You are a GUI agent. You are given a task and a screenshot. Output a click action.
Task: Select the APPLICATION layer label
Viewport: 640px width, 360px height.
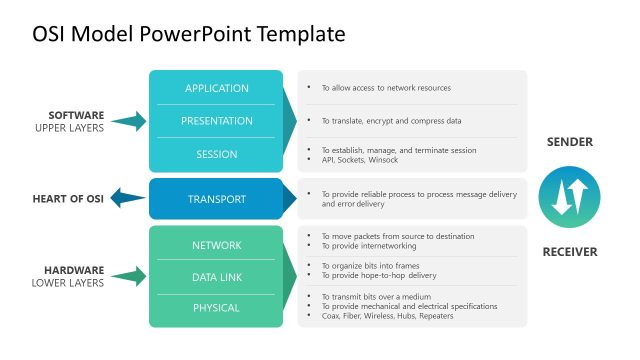(216, 88)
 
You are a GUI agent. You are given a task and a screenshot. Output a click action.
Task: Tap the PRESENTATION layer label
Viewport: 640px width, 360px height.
(216, 121)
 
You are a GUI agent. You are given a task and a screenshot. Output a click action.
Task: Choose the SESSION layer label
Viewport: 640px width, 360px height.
(216, 154)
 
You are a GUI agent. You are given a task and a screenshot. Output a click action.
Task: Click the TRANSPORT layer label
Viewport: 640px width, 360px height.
(216, 199)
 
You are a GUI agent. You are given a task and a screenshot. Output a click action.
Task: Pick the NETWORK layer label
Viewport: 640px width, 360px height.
(216, 244)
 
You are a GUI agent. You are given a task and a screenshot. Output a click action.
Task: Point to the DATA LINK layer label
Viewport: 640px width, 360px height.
(216, 276)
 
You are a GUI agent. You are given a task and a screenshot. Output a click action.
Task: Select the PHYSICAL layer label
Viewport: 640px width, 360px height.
(216, 308)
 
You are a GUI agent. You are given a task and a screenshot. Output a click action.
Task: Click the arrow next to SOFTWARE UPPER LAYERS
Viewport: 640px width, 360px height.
(128, 122)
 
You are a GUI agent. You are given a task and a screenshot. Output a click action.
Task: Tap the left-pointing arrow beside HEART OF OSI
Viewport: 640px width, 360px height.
(127, 199)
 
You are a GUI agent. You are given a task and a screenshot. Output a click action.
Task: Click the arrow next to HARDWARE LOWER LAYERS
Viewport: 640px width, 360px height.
(128, 277)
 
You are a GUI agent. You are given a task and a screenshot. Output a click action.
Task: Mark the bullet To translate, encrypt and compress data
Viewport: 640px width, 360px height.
(391, 120)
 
